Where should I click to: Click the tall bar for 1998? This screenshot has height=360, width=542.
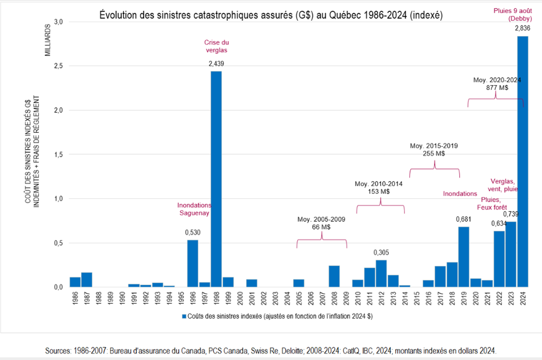coord(216,179)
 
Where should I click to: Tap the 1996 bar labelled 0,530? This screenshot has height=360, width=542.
coord(193,263)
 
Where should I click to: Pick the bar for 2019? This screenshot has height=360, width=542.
coord(464,257)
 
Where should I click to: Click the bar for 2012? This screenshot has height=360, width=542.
coord(381,273)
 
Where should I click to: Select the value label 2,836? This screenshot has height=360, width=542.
coord(523,29)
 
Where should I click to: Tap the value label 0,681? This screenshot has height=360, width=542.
coord(464,219)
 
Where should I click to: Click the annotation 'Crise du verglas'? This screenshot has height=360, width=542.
coord(216,46)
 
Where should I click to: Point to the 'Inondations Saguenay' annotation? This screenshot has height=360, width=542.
coord(194,209)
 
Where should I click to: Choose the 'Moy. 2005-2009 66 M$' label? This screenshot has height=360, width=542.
coord(321,223)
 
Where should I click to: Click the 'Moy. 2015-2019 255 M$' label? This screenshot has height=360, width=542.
coord(434,150)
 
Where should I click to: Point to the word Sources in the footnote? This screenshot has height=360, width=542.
coord(57,350)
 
